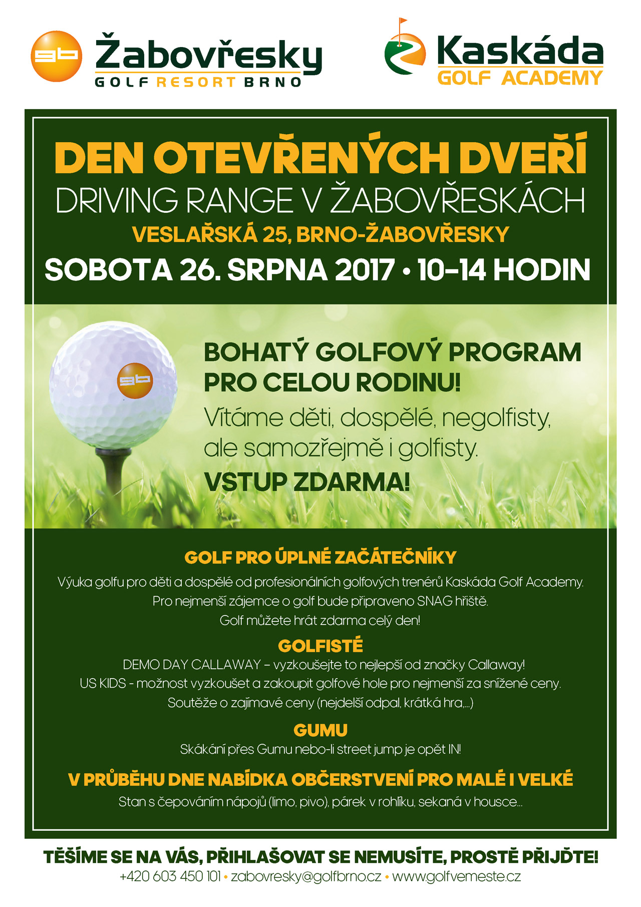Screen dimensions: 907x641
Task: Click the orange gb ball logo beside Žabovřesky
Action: tap(56, 56)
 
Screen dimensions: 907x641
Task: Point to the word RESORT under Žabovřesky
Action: tap(196, 82)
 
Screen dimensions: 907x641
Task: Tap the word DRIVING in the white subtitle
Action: tap(116, 200)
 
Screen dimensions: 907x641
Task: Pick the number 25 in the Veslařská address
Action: tap(274, 234)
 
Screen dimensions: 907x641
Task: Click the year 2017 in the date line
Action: tap(365, 270)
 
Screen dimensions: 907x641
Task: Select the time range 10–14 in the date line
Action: tap(451, 270)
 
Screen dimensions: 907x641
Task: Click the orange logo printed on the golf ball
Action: tap(134, 380)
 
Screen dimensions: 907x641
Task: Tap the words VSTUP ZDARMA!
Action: tap(306, 482)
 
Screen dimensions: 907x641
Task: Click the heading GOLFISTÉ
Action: tap(320, 646)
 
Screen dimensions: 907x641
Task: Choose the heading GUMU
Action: tap(320, 730)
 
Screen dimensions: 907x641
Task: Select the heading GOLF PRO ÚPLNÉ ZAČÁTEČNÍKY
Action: tap(320, 557)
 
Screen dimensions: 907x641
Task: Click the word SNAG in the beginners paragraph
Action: tap(434, 601)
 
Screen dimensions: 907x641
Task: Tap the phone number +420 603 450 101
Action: tap(170, 876)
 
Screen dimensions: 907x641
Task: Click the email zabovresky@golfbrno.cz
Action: tap(306, 876)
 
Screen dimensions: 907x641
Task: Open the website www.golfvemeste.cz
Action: tap(456, 876)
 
